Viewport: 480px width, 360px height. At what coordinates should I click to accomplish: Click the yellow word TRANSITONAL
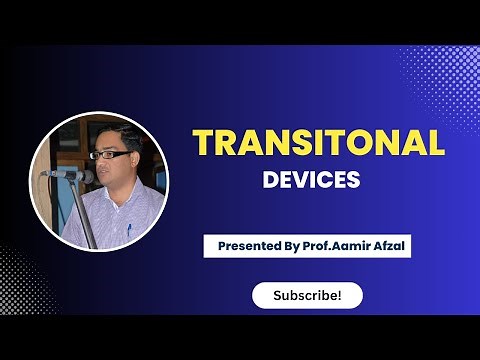tap(318, 144)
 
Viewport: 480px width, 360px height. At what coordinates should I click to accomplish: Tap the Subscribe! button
tap(306, 295)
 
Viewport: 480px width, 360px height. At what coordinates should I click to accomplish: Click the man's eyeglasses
tap(107, 155)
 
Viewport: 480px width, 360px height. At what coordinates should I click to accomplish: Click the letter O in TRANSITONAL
tap(368, 144)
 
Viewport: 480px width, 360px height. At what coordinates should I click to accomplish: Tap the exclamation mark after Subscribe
tap(339, 295)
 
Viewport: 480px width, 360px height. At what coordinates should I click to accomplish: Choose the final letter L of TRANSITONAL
tap(435, 144)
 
